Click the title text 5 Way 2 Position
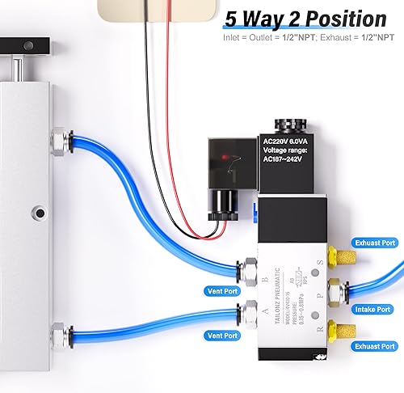pos(305,19)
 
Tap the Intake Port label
pos(372,310)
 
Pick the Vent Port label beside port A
pos(222,335)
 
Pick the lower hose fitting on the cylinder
pos(59,333)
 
